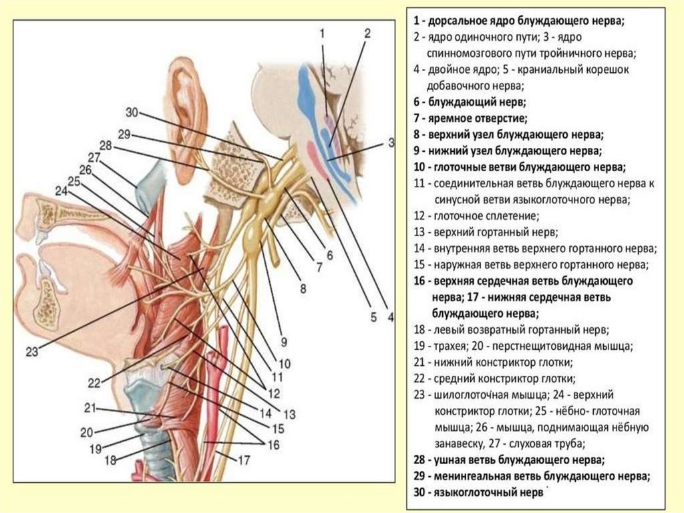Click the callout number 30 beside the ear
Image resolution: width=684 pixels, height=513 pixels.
coord(131,111)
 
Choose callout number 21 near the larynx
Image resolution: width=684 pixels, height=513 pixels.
coord(90,407)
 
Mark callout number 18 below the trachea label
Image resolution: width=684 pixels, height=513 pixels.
coord(110,459)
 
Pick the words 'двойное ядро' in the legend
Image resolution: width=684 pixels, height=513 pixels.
coord(453,69)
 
